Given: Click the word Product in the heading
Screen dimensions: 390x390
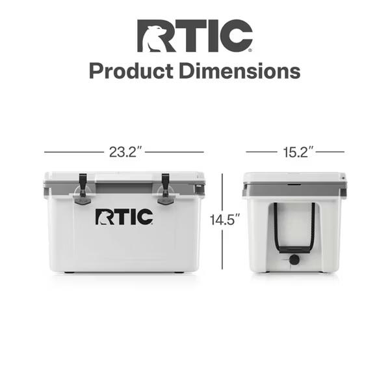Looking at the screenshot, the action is [x=131, y=71].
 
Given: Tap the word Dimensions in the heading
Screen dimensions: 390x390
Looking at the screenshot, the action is [x=240, y=71].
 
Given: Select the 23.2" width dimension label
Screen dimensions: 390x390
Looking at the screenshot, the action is [x=125, y=152].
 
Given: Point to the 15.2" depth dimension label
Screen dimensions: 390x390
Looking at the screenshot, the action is [x=298, y=152].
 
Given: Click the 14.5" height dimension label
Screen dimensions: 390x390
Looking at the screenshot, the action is [x=225, y=220].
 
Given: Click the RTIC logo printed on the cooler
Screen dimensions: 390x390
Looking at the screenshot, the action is [x=124, y=217].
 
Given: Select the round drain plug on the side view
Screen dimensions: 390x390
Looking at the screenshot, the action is [x=294, y=259].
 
